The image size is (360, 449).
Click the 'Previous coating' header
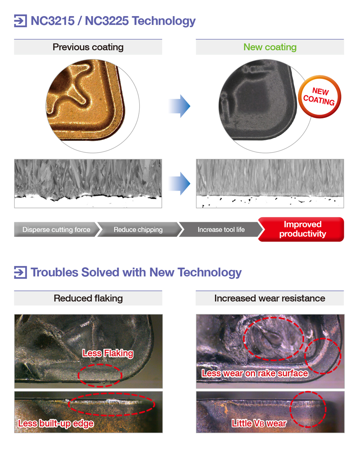click(x=88, y=47)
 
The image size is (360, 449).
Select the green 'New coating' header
click(x=270, y=47)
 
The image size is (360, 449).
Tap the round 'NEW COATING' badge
click(x=320, y=97)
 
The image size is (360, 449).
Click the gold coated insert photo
click(x=86, y=100)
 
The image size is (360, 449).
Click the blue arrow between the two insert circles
click(x=179, y=106)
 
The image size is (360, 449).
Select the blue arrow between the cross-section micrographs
click(x=179, y=183)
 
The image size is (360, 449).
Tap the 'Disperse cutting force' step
click(x=56, y=230)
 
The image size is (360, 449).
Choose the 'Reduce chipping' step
click(x=138, y=230)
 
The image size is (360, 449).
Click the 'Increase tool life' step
click(x=221, y=230)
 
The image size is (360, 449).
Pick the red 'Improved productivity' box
click(x=302, y=229)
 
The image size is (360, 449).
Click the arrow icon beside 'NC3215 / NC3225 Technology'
click(x=21, y=21)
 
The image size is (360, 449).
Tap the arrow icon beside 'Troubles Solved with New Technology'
click(x=21, y=272)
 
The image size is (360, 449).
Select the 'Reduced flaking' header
click(x=88, y=298)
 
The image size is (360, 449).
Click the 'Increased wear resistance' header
click(x=270, y=298)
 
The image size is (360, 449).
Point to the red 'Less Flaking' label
click(x=108, y=353)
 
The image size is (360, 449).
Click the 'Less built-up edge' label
click(x=56, y=423)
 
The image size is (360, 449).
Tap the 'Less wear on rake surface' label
click(x=255, y=373)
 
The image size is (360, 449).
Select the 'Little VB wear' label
click(x=259, y=423)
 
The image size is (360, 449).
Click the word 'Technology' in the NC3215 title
click(x=164, y=21)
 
